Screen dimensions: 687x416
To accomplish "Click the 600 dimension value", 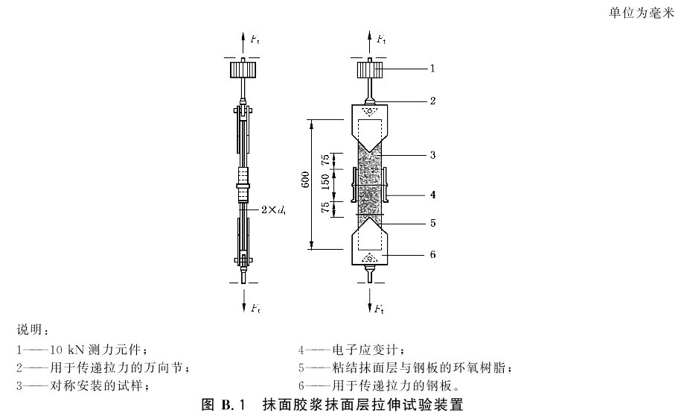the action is click(306, 180).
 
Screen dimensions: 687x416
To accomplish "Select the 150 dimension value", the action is click(326, 182).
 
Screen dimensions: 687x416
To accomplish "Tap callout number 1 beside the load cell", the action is click(432, 69).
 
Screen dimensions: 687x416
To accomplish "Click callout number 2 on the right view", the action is click(433, 101).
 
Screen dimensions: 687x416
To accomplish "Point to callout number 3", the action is click(433, 155).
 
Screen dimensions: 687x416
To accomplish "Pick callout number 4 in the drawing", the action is click(433, 195).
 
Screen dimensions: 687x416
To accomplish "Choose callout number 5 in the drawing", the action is click(433, 223).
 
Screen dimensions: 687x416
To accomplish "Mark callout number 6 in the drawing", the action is click(433, 254).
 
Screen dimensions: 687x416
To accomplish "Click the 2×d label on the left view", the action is click(273, 209).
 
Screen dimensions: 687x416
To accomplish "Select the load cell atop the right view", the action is click(370, 70).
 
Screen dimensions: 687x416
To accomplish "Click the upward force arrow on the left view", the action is click(243, 43).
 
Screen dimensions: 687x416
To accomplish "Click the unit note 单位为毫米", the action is click(642, 13).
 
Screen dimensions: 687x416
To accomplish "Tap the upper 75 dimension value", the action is click(326, 160).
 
